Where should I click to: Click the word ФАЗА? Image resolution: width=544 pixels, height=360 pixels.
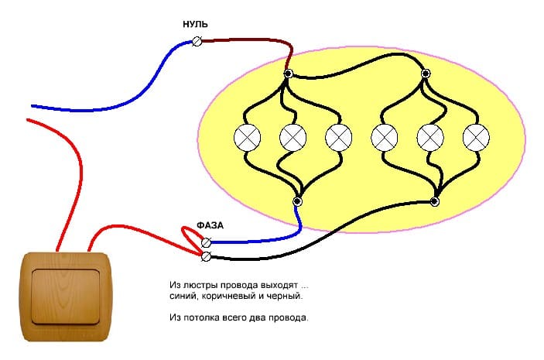pyautogui.click(x=210, y=225)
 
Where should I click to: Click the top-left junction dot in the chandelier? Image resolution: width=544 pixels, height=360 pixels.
pyautogui.click(x=288, y=75)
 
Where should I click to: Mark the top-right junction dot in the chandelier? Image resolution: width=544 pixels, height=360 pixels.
pyautogui.click(x=425, y=75)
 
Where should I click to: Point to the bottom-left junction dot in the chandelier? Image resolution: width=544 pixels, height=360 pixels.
pyautogui.click(x=297, y=201)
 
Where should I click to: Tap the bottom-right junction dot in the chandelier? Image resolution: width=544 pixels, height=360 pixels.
pyautogui.click(x=435, y=202)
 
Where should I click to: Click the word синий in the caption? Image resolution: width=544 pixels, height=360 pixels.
pyautogui.click(x=181, y=297)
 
